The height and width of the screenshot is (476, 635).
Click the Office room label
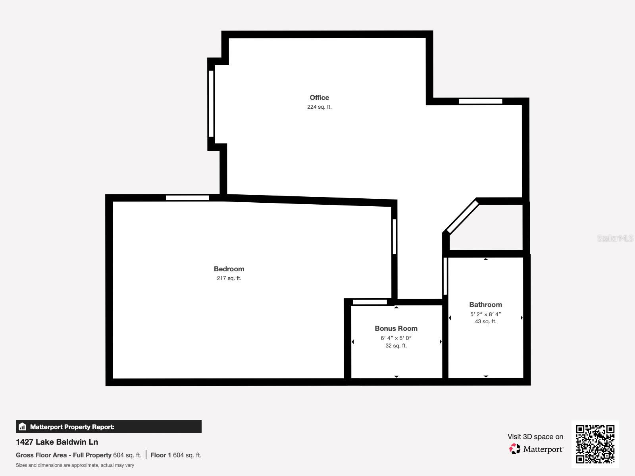[319, 98]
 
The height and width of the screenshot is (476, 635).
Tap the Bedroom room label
[229, 269]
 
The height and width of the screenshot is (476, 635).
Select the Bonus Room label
[396, 328]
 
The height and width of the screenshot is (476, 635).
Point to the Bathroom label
[485, 305]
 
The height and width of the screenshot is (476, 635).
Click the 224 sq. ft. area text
[319, 107]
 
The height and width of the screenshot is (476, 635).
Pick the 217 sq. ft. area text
[229, 278]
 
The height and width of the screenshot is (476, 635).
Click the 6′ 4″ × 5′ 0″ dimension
[396, 338]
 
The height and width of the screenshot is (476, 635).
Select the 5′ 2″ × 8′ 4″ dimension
[485, 314]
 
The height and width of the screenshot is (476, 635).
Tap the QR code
[595, 444]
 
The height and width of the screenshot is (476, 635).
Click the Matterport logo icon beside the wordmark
[515, 449]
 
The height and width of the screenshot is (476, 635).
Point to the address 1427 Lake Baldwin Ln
[57, 442]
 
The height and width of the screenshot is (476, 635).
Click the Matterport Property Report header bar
[108, 427]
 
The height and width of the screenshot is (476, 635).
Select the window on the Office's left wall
[211, 104]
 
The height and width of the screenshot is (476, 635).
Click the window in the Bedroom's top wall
[187, 198]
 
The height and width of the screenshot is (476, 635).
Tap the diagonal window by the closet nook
[463, 217]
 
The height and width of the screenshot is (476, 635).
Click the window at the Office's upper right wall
[480, 101]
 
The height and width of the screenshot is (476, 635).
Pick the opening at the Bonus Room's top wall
[370, 302]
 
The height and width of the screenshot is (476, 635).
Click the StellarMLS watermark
[615, 238]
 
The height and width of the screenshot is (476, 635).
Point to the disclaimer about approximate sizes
[75, 465]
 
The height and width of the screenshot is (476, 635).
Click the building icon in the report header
[22, 427]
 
